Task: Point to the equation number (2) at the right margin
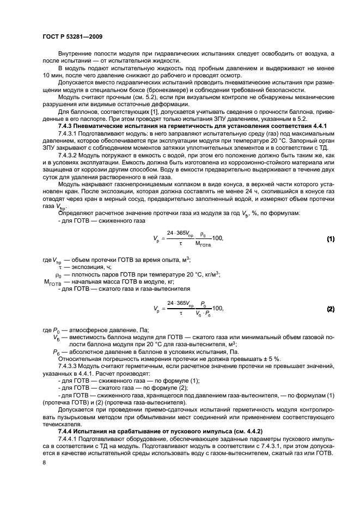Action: [x=330, y=309]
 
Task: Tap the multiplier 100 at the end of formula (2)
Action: [x=217, y=309]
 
